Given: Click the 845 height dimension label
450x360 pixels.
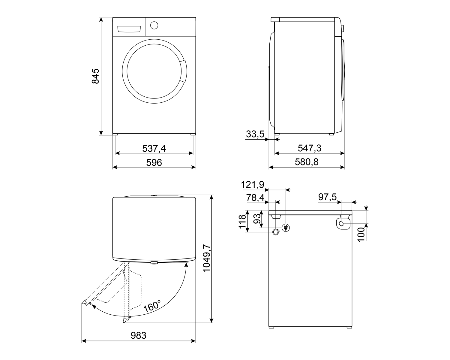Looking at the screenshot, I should pos(95,76).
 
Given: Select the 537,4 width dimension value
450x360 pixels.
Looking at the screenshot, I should pos(154,148).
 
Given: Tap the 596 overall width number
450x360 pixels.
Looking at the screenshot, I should pos(154,162).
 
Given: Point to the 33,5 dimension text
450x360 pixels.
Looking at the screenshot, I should pos(255,134).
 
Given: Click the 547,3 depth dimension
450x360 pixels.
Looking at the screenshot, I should pos(309,148).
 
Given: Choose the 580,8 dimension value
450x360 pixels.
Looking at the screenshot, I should pos(306,162).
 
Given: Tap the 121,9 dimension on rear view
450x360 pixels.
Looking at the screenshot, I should pos(253,185).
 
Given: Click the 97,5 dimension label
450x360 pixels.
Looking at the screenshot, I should pos(327,197).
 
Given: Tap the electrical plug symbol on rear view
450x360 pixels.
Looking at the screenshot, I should pos(286,228).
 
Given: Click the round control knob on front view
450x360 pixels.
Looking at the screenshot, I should pos(154,25).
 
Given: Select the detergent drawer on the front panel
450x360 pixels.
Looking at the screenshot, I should pos(129,29).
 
